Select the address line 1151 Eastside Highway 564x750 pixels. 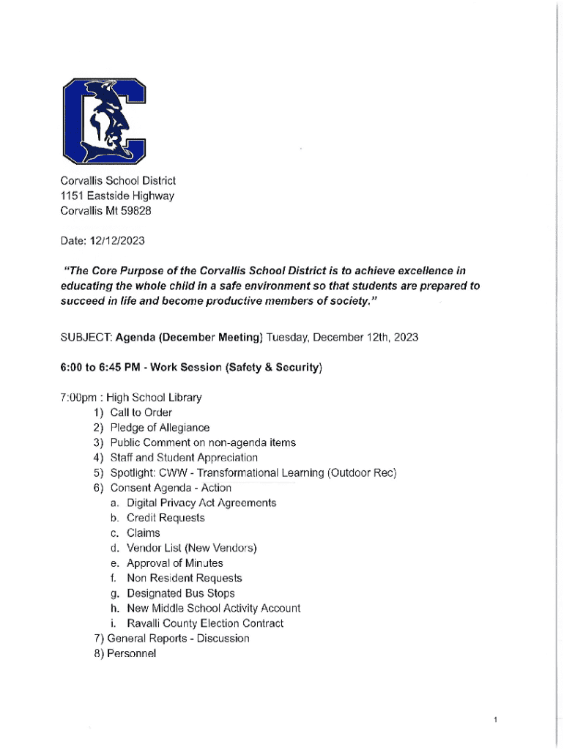[x=117, y=196]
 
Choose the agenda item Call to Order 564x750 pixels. [x=141, y=413]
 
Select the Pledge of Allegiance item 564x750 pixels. [x=159, y=428]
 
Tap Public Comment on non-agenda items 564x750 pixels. [x=203, y=443]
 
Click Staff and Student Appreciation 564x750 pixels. [x=184, y=458]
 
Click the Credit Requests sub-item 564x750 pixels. [x=166, y=518]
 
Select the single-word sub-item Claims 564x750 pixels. [x=143, y=533]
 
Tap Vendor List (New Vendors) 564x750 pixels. [x=191, y=548]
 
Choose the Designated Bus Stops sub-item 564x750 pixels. [x=180, y=593]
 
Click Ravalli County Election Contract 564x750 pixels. [x=204, y=623]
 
